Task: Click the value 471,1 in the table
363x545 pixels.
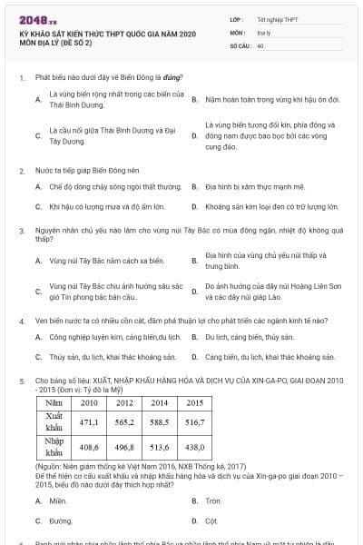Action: (x=88, y=422)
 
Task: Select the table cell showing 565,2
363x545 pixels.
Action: (x=124, y=422)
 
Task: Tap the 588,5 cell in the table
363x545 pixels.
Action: (x=159, y=422)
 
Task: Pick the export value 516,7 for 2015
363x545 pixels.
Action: (x=194, y=422)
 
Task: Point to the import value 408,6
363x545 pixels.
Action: (x=88, y=447)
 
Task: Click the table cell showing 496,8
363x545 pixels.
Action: (x=124, y=447)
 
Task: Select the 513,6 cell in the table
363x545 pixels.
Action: (x=159, y=447)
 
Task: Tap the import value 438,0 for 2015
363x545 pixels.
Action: (x=194, y=447)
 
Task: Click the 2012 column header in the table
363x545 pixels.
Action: (x=124, y=401)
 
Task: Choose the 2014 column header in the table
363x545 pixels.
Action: (x=159, y=401)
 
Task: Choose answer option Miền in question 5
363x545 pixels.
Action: (x=58, y=500)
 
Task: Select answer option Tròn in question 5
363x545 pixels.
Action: (x=213, y=500)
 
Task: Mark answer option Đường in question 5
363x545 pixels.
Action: (x=61, y=521)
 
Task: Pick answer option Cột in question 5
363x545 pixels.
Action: (x=211, y=521)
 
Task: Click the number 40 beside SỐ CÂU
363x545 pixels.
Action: (x=260, y=44)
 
